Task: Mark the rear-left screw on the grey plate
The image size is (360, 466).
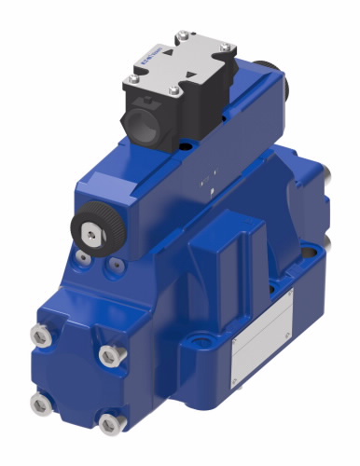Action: click(181, 36)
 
